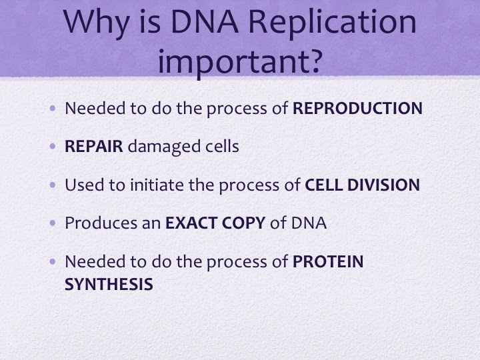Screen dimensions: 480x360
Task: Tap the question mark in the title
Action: tap(315, 61)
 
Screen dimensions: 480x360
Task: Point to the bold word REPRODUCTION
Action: tap(357, 109)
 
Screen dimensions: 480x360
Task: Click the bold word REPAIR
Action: tap(94, 146)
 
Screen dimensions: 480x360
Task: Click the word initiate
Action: tap(157, 185)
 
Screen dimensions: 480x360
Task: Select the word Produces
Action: tap(101, 223)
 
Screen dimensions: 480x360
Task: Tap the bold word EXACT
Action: tap(191, 223)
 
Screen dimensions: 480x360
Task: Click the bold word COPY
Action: tap(243, 223)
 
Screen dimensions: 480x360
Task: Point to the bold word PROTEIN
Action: tap(328, 261)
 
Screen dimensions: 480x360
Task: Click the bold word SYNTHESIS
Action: tap(109, 285)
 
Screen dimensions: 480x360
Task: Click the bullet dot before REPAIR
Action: tap(53, 146)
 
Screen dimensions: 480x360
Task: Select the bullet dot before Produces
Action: tap(53, 223)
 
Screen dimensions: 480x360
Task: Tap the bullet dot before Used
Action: tap(53, 185)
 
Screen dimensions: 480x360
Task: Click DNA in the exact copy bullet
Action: tap(309, 223)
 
